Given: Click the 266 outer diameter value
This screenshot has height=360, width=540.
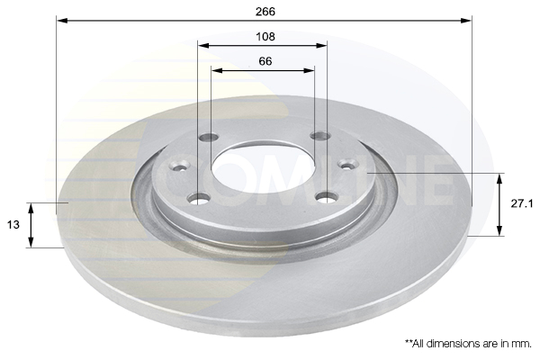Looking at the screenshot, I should [265, 12].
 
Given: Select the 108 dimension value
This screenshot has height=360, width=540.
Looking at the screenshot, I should [265, 37].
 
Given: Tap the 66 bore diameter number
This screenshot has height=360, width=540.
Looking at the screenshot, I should [265, 62].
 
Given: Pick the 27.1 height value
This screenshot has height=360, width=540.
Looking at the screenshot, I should [523, 204].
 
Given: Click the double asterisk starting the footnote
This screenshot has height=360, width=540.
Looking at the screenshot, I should [409, 344].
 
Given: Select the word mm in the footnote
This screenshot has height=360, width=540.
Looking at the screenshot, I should [521, 344].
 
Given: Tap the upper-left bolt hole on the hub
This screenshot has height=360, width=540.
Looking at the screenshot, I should [209, 138].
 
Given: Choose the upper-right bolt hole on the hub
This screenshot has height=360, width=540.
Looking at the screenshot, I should [320, 136].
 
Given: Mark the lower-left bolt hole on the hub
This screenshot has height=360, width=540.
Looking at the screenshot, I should [200, 197].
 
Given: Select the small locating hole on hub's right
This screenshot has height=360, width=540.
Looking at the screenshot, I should [347, 164].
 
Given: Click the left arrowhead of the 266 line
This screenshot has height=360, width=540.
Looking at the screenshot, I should [60, 20].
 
